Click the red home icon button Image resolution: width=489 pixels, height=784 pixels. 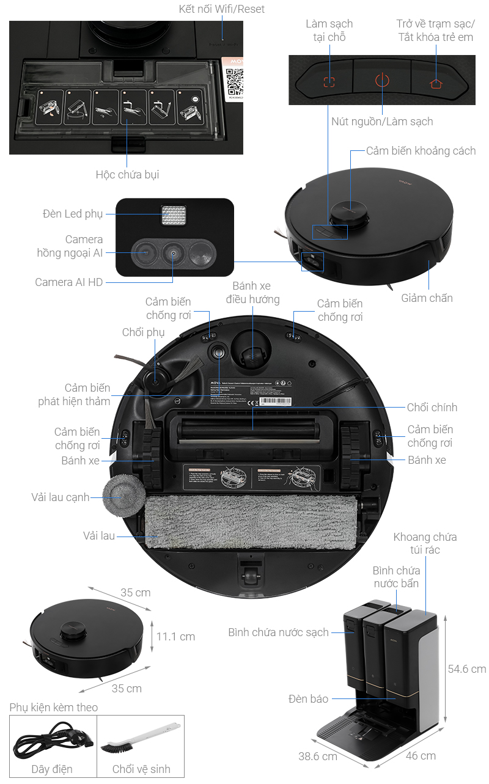pos(436,83)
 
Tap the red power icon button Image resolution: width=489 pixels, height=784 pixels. pos(382,81)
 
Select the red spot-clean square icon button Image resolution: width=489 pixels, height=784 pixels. pos(329,82)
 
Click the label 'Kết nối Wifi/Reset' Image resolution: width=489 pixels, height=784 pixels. pos(222,9)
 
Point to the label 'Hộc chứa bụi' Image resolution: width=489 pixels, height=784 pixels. pos(127,174)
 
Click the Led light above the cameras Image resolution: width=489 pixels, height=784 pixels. pos(174,216)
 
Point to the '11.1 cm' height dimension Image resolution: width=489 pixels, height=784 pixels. pos(175,636)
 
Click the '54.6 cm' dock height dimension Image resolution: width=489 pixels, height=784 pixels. pos(466,669)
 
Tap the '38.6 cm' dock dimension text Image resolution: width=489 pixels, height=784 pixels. pos(317,756)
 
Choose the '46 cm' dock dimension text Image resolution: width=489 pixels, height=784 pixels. pos(421,755)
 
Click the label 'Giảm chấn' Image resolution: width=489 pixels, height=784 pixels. pos(427,298)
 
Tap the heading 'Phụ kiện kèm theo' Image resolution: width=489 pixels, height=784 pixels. pos(54,707)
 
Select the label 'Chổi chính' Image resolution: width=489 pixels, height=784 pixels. pos(432,407)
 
